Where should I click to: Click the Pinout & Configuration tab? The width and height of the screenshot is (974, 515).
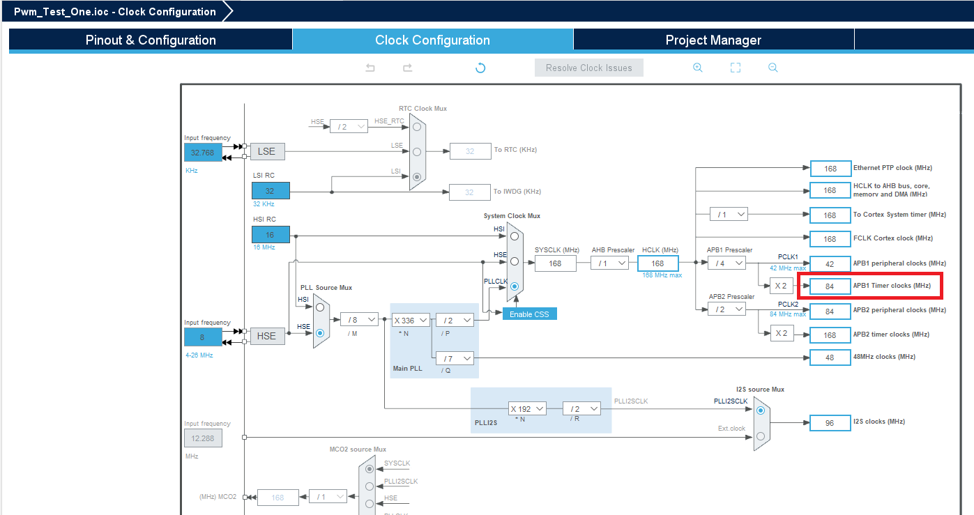tap(151, 40)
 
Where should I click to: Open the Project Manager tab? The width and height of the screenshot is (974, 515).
tap(713, 40)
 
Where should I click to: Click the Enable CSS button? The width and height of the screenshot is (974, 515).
tap(529, 314)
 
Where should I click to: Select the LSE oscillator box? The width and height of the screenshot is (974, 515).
tap(266, 151)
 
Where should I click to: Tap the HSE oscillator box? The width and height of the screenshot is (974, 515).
tap(266, 336)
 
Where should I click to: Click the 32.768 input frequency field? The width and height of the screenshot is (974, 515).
tap(203, 152)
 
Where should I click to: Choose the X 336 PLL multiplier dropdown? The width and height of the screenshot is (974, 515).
tap(410, 320)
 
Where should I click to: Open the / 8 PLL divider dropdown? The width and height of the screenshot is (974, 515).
tap(359, 319)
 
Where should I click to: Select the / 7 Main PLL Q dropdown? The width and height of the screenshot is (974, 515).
tap(455, 358)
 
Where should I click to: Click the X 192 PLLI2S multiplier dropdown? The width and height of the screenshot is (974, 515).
tap(526, 408)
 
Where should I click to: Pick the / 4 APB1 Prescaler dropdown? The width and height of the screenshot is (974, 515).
tap(726, 263)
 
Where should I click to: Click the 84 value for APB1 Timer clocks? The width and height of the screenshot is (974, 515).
tap(830, 286)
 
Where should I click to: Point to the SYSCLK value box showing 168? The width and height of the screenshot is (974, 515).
tap(555, 263)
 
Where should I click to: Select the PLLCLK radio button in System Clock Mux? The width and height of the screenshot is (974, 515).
tap(515, 286)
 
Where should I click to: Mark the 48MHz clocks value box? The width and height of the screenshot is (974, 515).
tap(830, 357)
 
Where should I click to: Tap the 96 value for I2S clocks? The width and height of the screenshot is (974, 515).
tap(830, 422)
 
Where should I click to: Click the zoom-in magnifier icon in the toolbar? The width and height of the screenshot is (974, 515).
tap(697, 68)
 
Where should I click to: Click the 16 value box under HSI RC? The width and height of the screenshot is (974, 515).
tap(271, 235)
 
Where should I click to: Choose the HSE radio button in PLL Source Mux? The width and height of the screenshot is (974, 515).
tap(320, 333)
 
